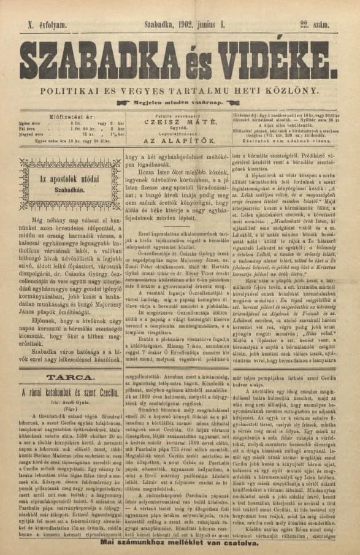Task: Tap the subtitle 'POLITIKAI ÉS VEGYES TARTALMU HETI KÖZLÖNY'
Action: [x=180, y=91]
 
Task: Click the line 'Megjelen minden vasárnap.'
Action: [x=180, y=104]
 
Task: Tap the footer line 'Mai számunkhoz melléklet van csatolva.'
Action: [x=180, y=543]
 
